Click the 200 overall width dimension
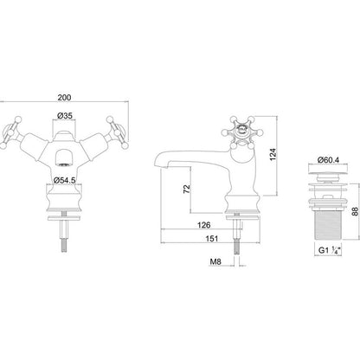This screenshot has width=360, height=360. (64, 98)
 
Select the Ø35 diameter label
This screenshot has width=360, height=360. (65, 116)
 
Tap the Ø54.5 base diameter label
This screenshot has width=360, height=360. (65, 180)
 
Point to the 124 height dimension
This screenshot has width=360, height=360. (273, 154)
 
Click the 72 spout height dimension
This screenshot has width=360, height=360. (187, 189)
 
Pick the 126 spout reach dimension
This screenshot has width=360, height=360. (203, 225)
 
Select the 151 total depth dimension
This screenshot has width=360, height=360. (212, 239)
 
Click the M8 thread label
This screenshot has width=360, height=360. (215, 261)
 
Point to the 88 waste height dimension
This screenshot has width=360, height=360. (355, 211)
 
